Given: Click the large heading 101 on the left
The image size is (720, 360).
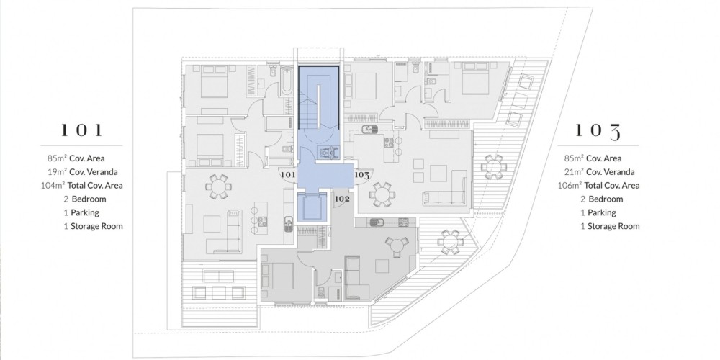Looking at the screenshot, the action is point(82,130).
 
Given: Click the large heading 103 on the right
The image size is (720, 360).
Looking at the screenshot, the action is point(598,131).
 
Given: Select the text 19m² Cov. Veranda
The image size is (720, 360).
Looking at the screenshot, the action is point(83,172).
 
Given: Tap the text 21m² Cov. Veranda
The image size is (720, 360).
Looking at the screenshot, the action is point(599,172).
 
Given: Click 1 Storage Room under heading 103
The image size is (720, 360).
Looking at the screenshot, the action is point(610,226).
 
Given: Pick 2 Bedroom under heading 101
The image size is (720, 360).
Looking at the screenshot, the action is point(85,199).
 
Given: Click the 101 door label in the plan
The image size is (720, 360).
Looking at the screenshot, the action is point(287,174).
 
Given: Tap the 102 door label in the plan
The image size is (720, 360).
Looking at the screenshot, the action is point(343,199).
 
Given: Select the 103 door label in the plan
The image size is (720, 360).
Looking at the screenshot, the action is point(362,174).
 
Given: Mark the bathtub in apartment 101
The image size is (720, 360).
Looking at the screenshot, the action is point(287,81).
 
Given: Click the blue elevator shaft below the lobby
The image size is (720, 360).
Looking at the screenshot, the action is point(311,207).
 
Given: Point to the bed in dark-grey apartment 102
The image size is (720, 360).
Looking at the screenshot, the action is point(277,276).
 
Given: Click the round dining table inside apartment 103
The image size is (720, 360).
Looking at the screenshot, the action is point(382,194).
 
